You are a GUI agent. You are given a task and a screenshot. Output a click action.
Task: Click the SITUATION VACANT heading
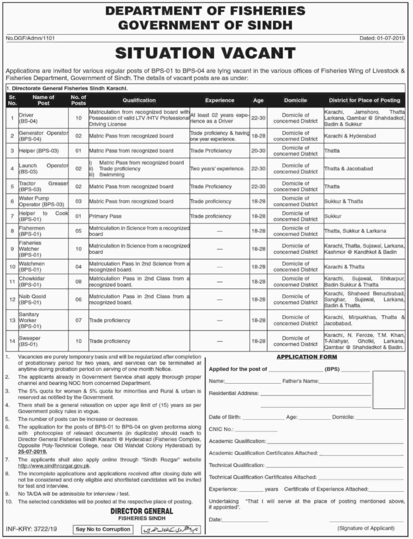click(x=206, y=53)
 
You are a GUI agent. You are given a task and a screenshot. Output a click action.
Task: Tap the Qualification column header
click(x=139, y=99)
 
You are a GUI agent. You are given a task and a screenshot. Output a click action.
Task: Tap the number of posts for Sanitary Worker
click(x=78, y=320)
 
